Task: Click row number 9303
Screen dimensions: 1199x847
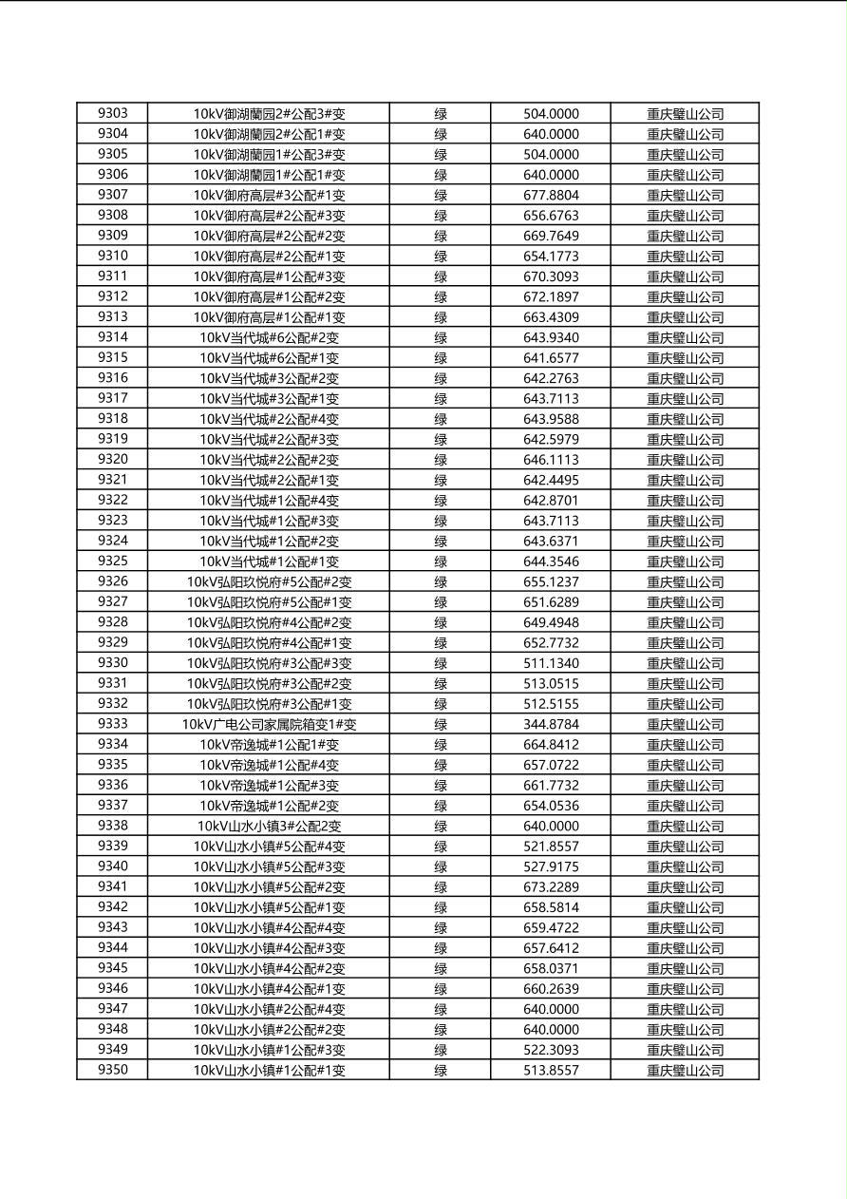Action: tap(112, 113)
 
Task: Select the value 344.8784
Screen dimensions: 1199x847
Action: tap(551, 724)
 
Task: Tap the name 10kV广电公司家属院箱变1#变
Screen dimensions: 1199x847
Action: tap(269, 724)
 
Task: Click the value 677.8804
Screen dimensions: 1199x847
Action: tap(551, 195)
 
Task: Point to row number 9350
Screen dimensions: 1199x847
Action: tap(112, 1070)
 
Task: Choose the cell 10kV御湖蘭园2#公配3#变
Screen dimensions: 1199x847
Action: tap(269, 113)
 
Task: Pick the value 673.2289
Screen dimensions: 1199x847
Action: tap(551, 886)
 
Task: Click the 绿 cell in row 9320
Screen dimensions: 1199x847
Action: tap(441, 460)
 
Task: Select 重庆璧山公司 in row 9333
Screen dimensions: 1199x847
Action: tap(685, 724)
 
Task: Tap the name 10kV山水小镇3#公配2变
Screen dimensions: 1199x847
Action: tap(269, 826)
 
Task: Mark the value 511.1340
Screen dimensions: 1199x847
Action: tap(551, 663)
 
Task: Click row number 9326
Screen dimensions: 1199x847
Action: tap(112, 581)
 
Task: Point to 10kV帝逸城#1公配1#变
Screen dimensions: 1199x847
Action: tap(269, 745)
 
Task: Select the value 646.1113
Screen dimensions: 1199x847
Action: tap(551, 460)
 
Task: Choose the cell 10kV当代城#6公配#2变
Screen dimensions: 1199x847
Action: tap(269, 337)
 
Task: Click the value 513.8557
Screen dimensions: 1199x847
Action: tap(551, 1070)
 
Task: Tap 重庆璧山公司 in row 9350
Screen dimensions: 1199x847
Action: tap(685, 1070)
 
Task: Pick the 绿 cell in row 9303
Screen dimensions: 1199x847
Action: tap(441, 113)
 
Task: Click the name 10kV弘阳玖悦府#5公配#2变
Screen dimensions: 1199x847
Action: tap(269, 581)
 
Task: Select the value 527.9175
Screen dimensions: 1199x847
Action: tap(551, 866)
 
